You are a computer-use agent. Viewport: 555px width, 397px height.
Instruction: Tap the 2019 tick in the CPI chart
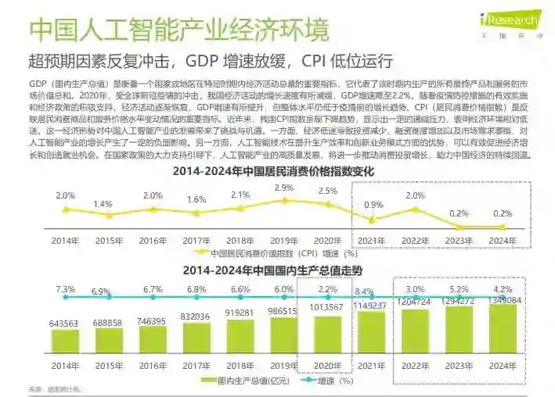pos(285,241)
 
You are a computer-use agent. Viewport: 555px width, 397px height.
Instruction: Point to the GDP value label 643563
pos(64,323)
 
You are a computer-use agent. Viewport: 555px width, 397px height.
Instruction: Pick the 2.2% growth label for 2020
pos(330,289)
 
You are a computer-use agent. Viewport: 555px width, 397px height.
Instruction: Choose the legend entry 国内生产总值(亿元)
pos(243,381)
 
